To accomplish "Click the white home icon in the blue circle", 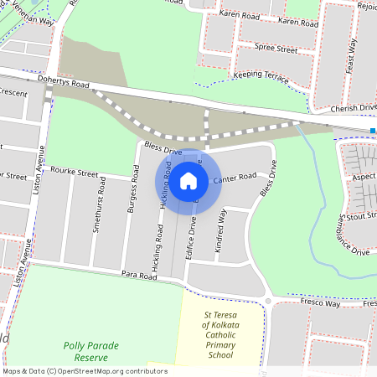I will click(x=188, y=179).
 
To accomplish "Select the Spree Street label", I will click(x=276, y=49).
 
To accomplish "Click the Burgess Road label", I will click(x=132, y=194).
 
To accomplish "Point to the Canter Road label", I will click(x=235, y=178).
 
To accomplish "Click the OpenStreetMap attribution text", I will click(x=84, y=371).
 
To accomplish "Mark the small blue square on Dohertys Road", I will click(x=372, y=131).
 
